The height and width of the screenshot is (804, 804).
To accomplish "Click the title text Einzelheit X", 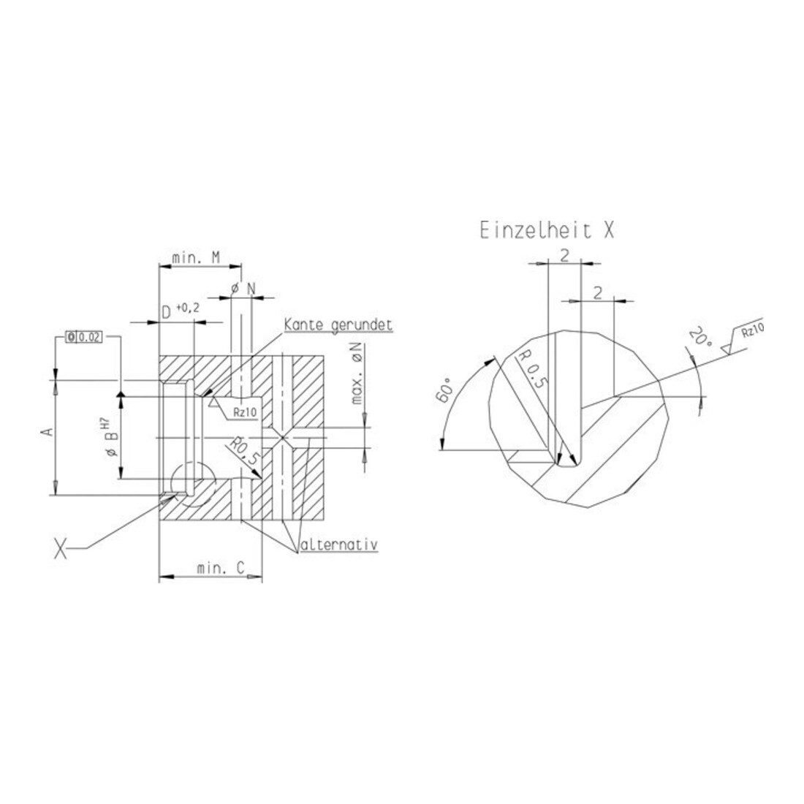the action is (x=547, y=231).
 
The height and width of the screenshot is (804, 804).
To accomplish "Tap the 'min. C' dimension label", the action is (x=221, y=568).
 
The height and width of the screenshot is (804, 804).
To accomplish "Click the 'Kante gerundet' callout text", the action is (x=338, y=325).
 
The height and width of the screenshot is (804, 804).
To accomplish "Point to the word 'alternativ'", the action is (x=339, y=544).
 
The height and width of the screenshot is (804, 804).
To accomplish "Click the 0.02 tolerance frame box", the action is (x=84, y=337).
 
